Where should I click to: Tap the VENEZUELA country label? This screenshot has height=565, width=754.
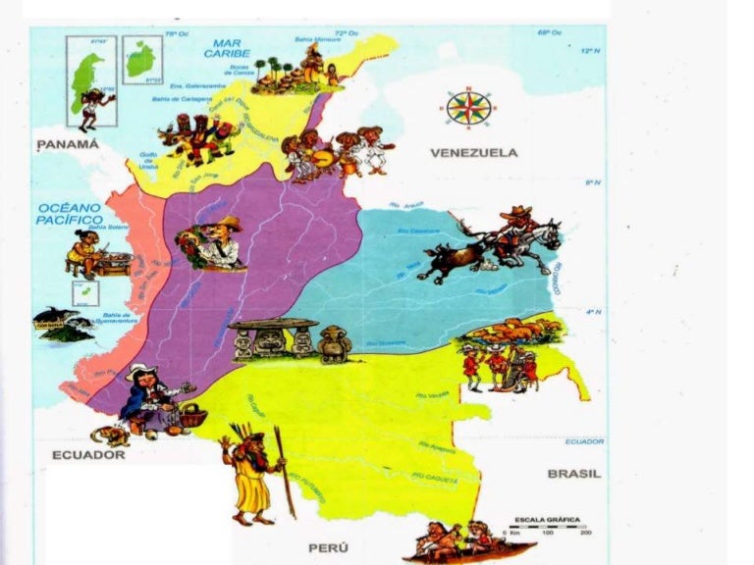click(x=473, y=153)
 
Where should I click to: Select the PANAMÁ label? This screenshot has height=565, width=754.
click(x=69, y=144)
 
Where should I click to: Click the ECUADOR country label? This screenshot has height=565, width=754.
click(x=88, y=454)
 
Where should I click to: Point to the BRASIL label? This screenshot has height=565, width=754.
click(x=573, y=474)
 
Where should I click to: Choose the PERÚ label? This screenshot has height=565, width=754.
click(x=329, y=547)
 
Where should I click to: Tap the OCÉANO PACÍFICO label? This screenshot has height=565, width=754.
click(x=69, y=214)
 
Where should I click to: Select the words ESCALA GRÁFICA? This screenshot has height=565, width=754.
click(x=547, y=519)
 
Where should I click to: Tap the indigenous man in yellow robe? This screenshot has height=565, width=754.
click(x=251, y=476)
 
